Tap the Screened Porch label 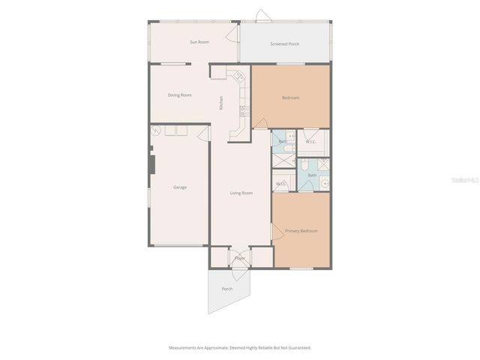284,44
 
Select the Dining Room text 179,95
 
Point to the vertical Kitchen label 220,103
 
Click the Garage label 180,187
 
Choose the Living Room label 241,193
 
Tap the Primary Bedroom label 301,231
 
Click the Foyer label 240,259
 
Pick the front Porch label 226,289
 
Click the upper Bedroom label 290,98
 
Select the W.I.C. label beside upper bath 310,142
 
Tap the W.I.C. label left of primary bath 281,184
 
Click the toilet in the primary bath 304,166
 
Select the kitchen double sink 244,111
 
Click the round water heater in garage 156,130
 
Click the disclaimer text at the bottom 239,347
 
